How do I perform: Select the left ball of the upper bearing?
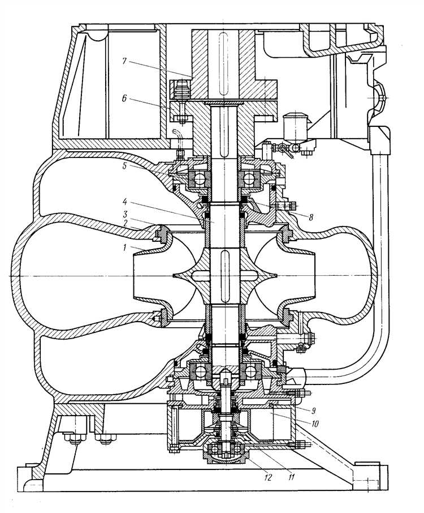pyautogui.click(x=198, y=179)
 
